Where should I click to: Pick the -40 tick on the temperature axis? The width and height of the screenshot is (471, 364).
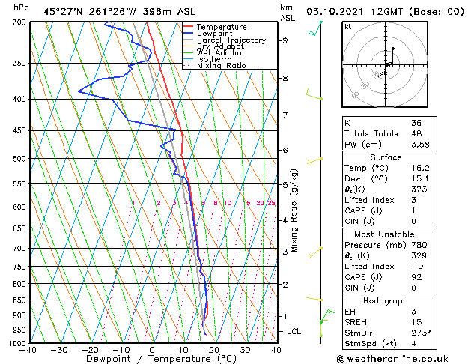[x=29, y=349]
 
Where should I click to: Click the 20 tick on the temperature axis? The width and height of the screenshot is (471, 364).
[x=214, y=349]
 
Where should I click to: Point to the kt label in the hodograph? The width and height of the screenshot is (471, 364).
[x=347, y=26]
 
